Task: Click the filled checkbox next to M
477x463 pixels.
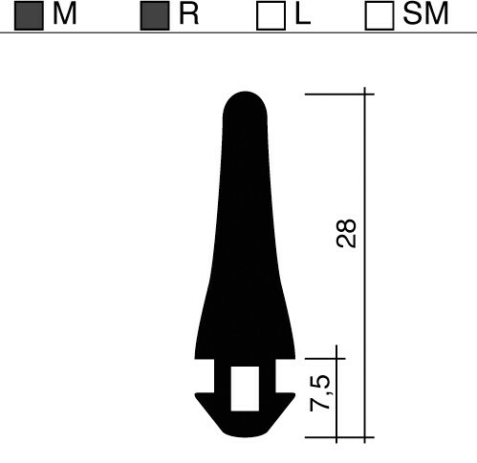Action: click(x=29, y=15)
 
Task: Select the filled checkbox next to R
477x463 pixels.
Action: click(x=155, y=15)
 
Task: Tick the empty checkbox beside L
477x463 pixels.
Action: click(x=271, y=15)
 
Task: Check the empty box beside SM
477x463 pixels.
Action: click(x=379, y=15)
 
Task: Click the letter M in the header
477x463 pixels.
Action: click(x=65, y=14)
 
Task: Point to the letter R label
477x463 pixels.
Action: click(x=189, y=14)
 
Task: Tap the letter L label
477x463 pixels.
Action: click(x=303, y=14)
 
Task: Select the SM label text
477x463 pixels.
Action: click(x=425, y=14)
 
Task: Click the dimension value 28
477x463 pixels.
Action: click(x=346, y=233)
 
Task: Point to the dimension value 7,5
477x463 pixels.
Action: click(x=320, y=393)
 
